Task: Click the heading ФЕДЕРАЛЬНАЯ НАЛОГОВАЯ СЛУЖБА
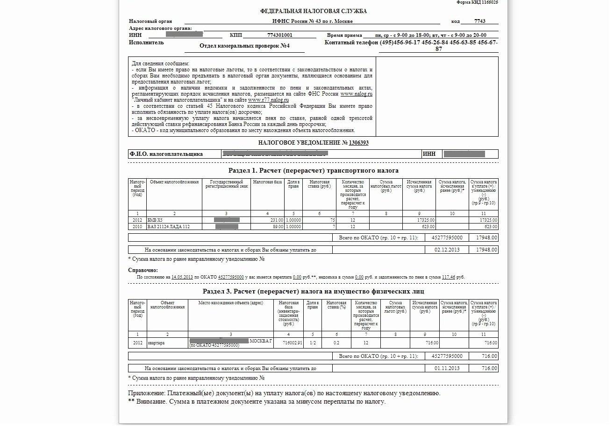click(313, 11)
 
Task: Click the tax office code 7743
click(479, 21)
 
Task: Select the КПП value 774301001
click(280, 35)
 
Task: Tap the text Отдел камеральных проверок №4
click(244, 46)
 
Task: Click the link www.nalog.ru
click(356, 94)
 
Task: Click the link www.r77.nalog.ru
click(268, 100)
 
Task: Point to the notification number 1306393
click(358, 143)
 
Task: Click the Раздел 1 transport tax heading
click(313, 171)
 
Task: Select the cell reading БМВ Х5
click(155, 220)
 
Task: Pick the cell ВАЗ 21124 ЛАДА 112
click(168, 227)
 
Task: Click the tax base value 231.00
click(277, 220)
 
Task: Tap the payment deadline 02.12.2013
click(447, 250)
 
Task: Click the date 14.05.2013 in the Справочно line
click(182, 277)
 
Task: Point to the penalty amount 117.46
click(449, 277)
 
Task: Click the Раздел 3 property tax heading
click(313, 291)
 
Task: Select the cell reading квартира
click(156, 343)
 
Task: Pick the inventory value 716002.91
click(293, 343)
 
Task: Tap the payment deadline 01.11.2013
click(447, 368)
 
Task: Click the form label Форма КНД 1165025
click(477, 2)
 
